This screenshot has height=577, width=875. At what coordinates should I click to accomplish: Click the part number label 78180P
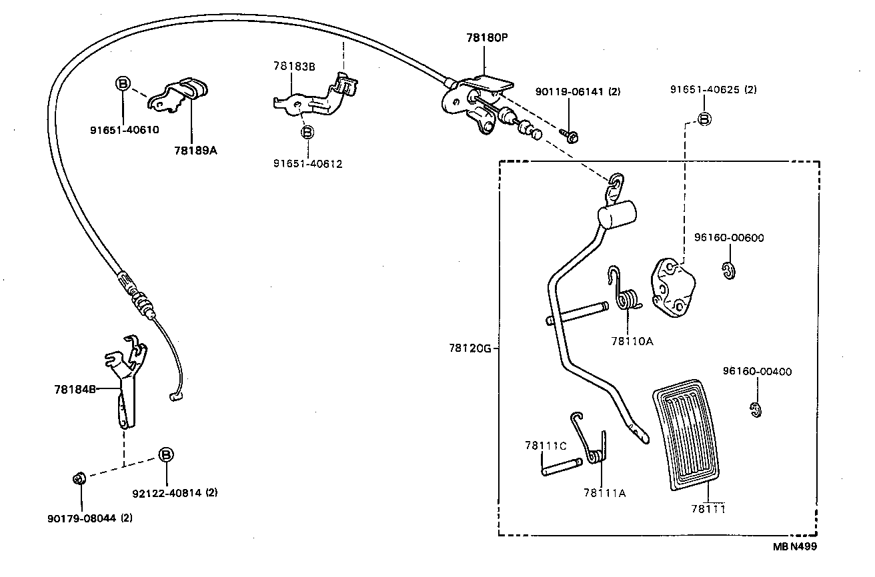(487, 39)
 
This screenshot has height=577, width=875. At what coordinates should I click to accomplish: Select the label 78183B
(293, 66)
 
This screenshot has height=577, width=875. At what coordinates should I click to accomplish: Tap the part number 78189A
(195, 151)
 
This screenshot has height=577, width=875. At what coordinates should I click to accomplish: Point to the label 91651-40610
(125, 130)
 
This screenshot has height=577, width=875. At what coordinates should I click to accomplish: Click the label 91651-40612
(307, 163)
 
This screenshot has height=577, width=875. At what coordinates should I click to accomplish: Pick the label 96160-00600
(728, 238)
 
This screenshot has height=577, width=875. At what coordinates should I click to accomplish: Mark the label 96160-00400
(757, 372)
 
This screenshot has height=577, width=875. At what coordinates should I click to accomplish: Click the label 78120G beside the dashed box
(470, 348)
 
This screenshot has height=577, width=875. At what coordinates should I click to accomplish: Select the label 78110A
(631, 341)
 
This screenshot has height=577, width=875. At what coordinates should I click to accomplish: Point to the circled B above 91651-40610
(123, 83)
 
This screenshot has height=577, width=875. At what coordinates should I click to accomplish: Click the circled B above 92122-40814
(165, 454)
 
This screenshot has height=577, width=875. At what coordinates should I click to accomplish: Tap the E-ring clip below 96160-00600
(728, 271)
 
